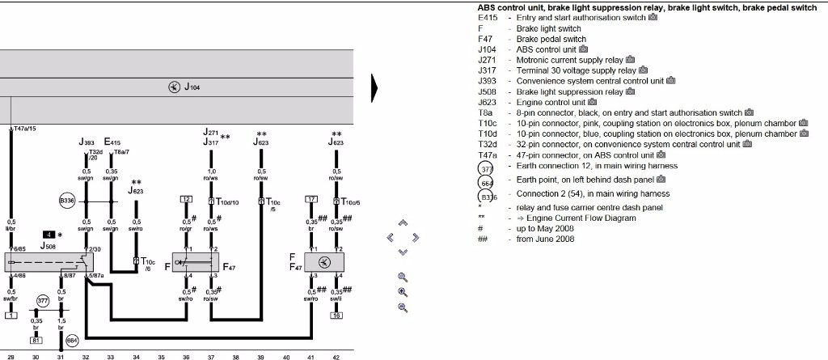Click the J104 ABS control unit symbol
pyautogui.click(x=174, y=87)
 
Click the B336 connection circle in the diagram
pyautogui.click(x=67, y=200)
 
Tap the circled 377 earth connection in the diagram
pyautogui.click(x=43, y=303)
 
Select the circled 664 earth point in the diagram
pyautogui.click(x=72, y=341)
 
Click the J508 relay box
pyautogui.click(x=49, y=262)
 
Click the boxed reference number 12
pyautogui.click(x=186, y=199)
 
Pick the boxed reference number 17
pyautogui.click(x=311, y=199)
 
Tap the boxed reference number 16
pyautogui.click(x=336, y=314)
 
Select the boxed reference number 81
pyautogui.click(x=11, y=314)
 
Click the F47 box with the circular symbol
pyautogui.click(x=323, y=262)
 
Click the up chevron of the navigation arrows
pyautogui.click(x=403, y=222)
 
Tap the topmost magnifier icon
pyautogui.click(x=403, y=277)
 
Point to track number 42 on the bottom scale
pyautogui.click(x=336, y=354)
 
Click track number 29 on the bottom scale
pyautogui.click(x=11, y=354)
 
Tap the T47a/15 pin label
pyautogui.click(x=25, y=129)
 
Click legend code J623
pyautogui.click(x=486, y=102)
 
